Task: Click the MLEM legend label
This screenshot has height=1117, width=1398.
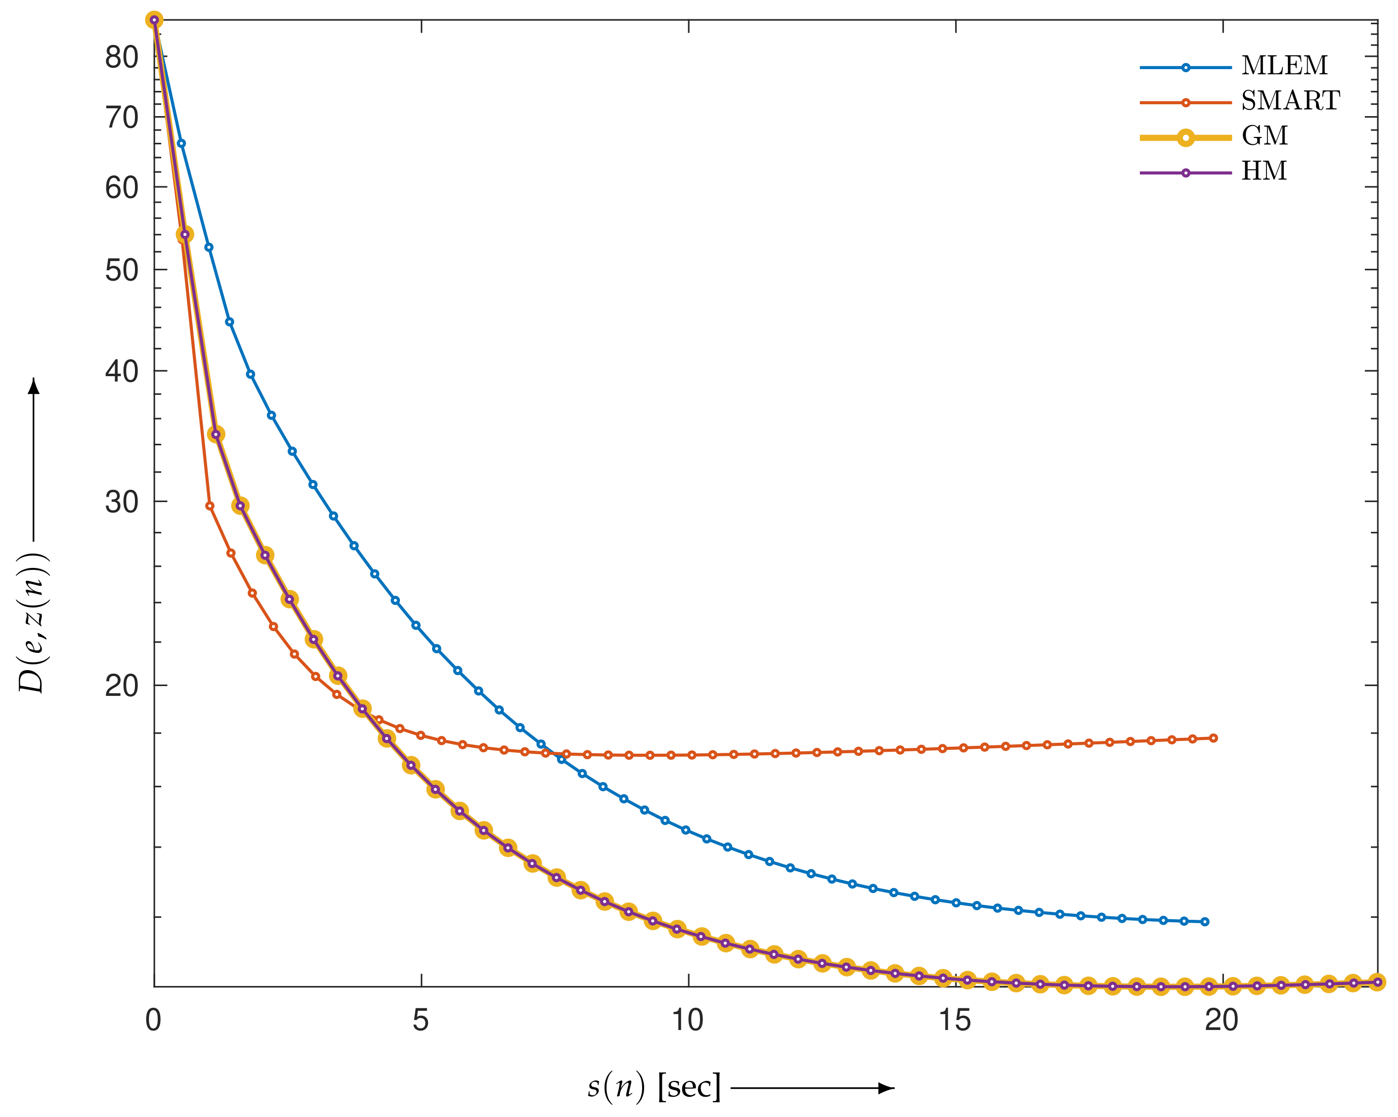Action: [1284, 65]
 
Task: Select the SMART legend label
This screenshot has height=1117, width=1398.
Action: [1290, 100]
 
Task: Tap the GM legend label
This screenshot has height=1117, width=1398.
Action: [1265, 135]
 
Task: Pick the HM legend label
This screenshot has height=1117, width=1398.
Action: [1264, 171]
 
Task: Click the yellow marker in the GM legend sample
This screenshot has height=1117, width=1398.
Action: [1186, 137]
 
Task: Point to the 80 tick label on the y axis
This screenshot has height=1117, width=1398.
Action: [122, 58]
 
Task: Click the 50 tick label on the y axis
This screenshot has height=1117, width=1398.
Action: [122, 270]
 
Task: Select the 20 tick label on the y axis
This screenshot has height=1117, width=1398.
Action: [122, 685]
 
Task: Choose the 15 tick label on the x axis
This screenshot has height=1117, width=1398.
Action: [955, 1021]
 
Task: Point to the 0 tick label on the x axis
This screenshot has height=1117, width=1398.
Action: [153, 1021]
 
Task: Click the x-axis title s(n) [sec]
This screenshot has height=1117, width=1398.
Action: [654, 1087]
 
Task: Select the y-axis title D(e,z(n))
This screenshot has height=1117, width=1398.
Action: [33, 622]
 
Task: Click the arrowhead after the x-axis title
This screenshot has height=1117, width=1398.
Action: [886, 1088]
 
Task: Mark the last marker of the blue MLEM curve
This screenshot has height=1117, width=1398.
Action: [1205, 922]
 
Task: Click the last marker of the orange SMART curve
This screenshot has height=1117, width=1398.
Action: [1214, 738]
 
